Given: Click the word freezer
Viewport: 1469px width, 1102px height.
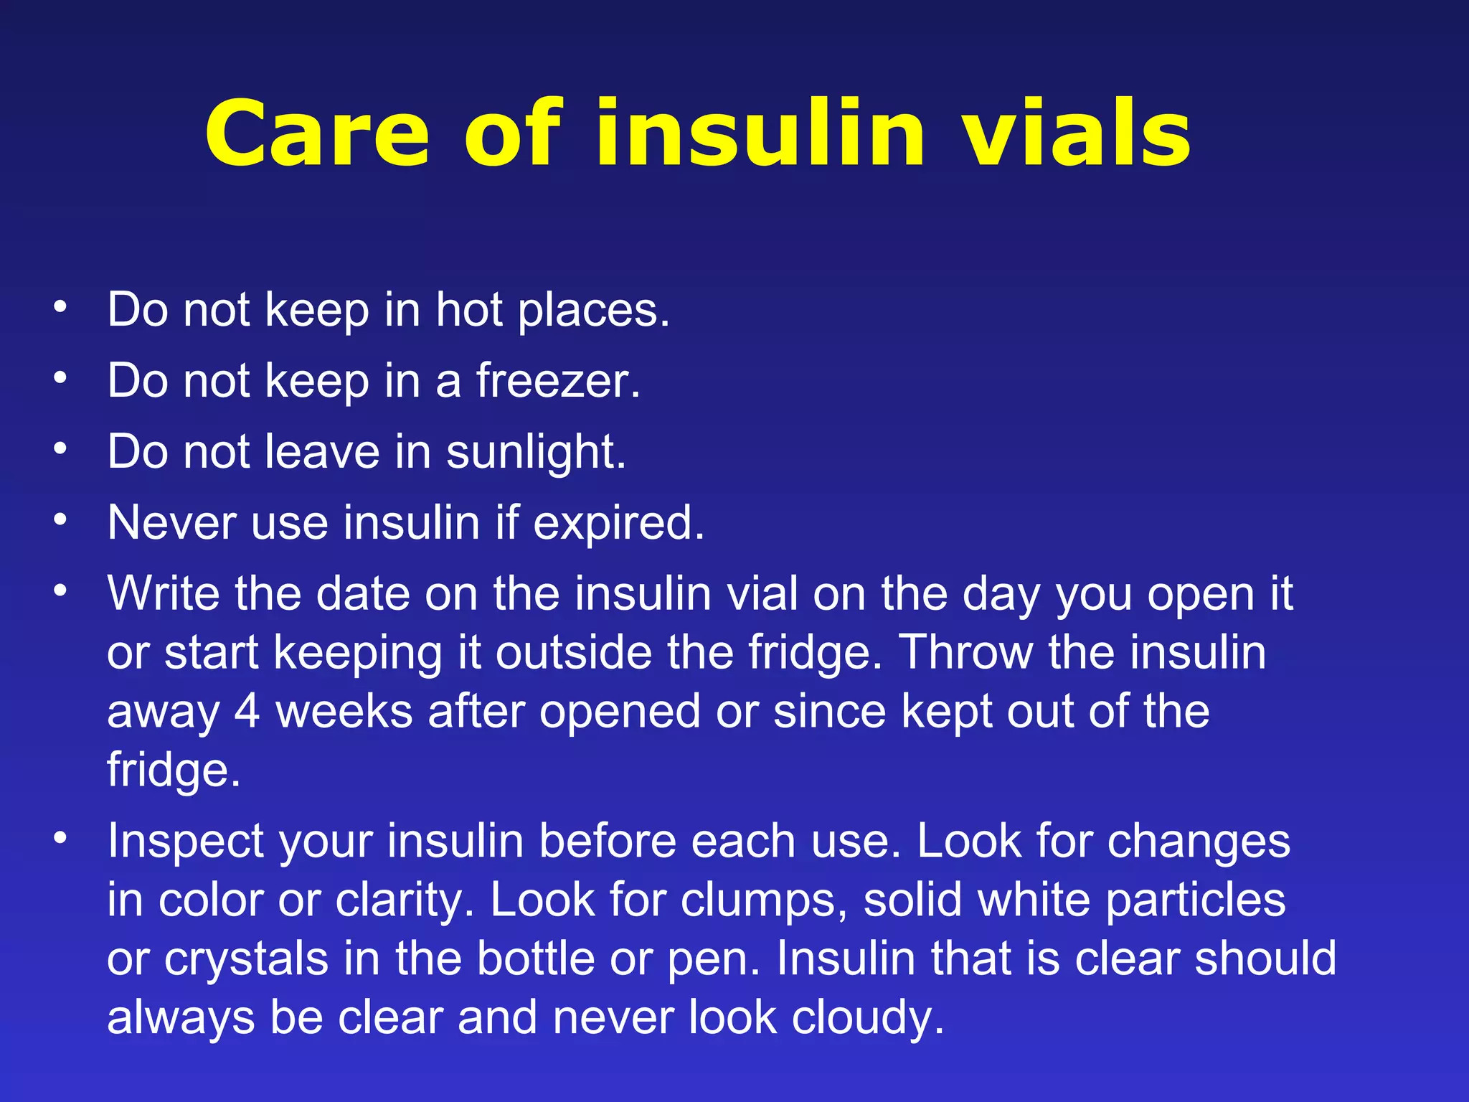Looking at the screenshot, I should click(x=557, y=380).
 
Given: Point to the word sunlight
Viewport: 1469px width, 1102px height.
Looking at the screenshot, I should click(x=536, y=452).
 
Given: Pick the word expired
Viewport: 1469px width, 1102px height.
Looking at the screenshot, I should click(x=618, y=523).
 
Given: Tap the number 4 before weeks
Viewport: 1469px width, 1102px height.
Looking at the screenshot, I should click(x=247, y=712).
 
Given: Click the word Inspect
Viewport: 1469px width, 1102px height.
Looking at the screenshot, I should click(x=186, y=842).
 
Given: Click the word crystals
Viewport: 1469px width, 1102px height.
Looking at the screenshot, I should click(x=246, y=959).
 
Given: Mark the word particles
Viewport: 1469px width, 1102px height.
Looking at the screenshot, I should click(x=1196, y=900).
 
